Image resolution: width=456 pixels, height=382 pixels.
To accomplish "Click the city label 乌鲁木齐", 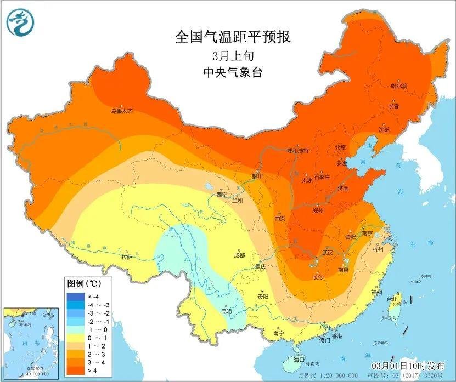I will coord(122,111).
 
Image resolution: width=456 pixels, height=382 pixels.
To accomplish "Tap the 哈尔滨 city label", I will coord(399,86).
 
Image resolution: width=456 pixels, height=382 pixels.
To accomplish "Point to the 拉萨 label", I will coord(127,256).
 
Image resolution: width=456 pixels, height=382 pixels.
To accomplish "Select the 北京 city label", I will coord(341,147).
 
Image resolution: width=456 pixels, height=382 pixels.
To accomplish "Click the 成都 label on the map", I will coord(239,255).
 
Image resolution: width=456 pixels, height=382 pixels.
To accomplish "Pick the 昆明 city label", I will coord(226,311).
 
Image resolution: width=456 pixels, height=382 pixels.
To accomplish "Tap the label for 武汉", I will coord(328,253).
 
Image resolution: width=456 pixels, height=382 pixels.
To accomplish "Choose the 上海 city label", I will coord(388,238).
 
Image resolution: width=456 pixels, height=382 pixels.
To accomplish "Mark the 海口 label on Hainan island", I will coord(299,360).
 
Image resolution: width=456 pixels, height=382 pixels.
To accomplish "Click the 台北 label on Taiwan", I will coord(392,299).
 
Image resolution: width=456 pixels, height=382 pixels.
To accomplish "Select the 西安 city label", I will coord(280,218).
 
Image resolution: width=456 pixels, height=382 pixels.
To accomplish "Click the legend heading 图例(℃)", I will coord(83,284).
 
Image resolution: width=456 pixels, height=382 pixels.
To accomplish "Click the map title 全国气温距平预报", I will coord(232,37).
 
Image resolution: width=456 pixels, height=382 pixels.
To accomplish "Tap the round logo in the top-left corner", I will coord(20,22).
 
